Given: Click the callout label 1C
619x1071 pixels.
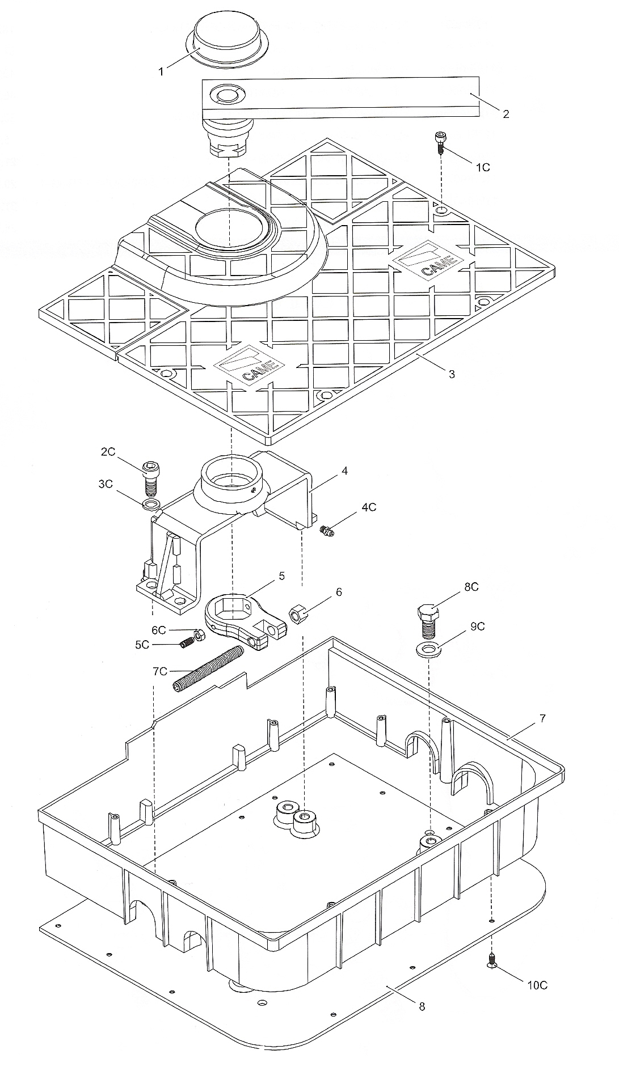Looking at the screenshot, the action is point(482,167).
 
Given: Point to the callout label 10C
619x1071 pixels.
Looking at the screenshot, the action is point(537,985).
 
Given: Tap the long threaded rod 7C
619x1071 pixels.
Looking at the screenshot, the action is point(208,670).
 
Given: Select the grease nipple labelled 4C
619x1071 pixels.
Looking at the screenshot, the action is point(326,531).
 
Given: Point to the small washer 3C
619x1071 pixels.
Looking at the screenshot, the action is point(150,504).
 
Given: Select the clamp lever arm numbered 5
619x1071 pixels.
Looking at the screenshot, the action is point(245,621).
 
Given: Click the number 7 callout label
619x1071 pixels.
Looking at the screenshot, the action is point(542,718).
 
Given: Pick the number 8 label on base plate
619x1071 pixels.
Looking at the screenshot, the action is point(422,1006).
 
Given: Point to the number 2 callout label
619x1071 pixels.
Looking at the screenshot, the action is point(506,114).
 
